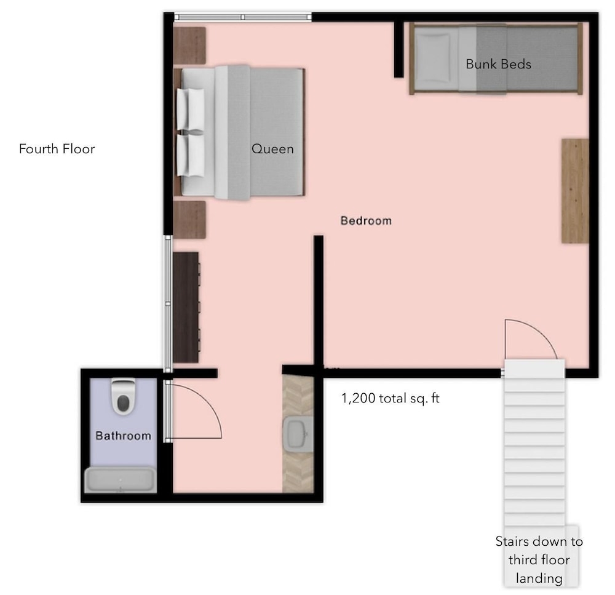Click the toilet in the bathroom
123,396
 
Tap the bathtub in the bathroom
120,479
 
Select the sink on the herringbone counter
298,434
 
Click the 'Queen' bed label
272,149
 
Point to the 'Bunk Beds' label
499,64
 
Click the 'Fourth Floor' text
57,149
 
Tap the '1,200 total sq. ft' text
391,398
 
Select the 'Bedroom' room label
366,220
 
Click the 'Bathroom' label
123,436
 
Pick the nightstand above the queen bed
189,46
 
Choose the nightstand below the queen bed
189,220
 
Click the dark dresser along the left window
186,307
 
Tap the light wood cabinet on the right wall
575,191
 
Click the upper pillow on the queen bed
191,110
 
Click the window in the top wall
243,17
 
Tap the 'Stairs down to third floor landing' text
539,560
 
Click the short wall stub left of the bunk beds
399,49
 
